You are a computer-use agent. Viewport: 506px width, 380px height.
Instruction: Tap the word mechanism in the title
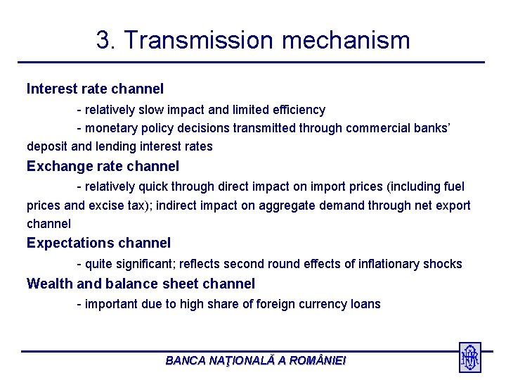click(x=346, y=40)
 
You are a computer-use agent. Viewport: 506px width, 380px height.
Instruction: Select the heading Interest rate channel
click(x=95, y=89)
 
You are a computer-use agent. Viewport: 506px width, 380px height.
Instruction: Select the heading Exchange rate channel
click(x=103, y=167)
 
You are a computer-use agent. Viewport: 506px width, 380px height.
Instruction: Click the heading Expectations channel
click(x=98, y=243)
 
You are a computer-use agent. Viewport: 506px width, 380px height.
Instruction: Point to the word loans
click(x=365, y=304)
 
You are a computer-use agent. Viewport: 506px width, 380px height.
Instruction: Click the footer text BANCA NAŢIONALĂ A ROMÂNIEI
click(x=255, y=360)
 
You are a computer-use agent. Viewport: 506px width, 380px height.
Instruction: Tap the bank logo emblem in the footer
click(x=469, y=357)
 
